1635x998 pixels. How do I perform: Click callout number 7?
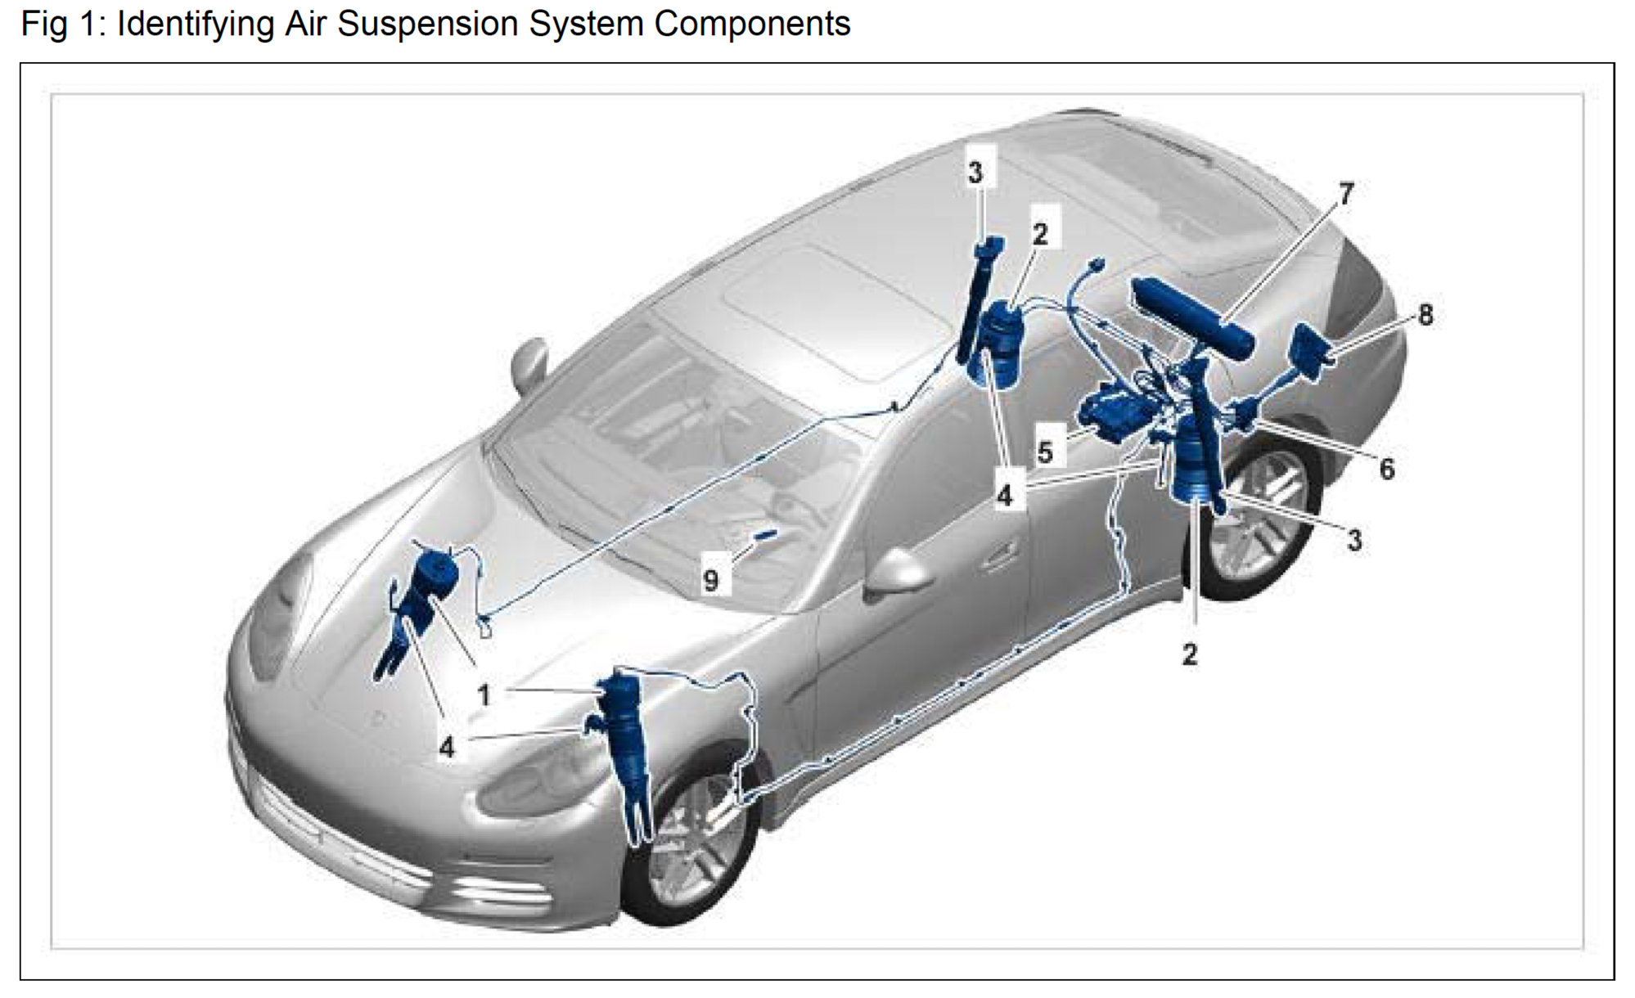point(1347,193)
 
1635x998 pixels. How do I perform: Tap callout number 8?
point(1426,314)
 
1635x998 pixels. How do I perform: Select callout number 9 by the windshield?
point(710,580)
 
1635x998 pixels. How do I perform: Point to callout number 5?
point(1045,452)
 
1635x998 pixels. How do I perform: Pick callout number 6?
point(1386,469)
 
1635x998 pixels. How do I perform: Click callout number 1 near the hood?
point(484,695)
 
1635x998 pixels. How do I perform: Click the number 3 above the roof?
point(975,173)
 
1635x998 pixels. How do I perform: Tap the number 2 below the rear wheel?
point(1190,654)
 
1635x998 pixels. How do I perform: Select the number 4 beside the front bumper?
point(446,746)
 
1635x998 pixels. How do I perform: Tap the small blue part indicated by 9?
point(766,535)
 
